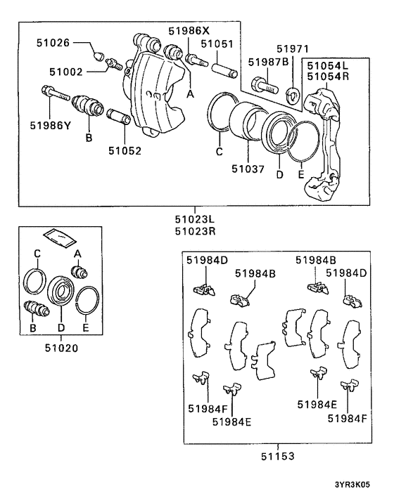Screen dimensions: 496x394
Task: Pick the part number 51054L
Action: tap(327, 64)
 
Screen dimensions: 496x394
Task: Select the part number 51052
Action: tap(124, 150)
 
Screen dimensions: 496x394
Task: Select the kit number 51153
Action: tap(277, 455)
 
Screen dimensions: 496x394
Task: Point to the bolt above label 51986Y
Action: tap(53, 93)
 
